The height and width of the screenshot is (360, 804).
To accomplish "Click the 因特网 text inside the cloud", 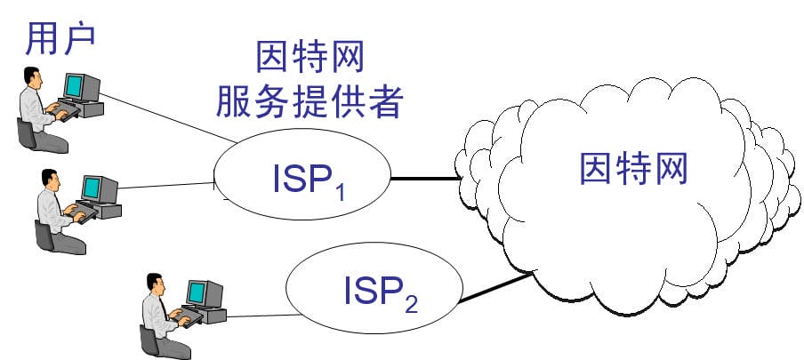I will pos(632,166).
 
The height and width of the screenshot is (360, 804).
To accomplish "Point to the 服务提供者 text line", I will pos(310,104).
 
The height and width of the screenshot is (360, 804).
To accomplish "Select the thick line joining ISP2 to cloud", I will pos(494,289).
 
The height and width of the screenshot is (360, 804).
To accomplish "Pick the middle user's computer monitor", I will pos(100,188).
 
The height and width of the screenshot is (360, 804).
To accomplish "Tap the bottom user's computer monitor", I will pos(204,292).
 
